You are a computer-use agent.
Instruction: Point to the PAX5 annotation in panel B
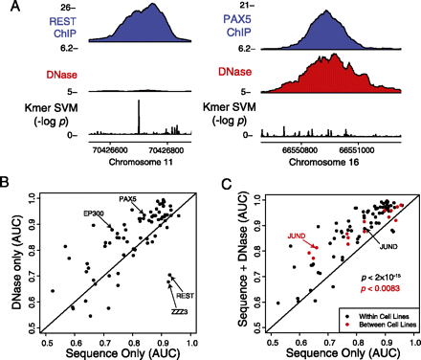coord(126,198)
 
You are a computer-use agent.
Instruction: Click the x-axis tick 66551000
coord(357,148)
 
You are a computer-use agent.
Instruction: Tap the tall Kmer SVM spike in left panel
coord(138,114)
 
